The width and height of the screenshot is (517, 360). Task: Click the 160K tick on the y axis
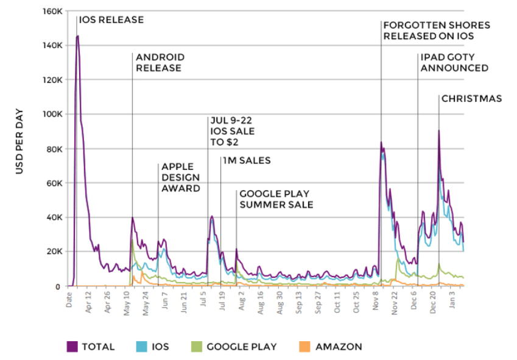click(x=52, y=12)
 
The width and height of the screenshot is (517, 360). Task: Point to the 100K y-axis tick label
click(x=52, y=115)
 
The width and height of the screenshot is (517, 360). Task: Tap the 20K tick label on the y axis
click(x=54, y=252)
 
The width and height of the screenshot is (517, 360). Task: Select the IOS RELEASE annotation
click(x=111, y=19)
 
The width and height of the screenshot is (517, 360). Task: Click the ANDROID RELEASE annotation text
click(x=160, y=63)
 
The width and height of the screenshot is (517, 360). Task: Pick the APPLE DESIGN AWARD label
click(x=181, y=177)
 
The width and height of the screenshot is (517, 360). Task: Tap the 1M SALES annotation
click(x=247, y=161)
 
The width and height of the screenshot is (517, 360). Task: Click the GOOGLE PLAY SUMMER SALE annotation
click(x=276, y=199)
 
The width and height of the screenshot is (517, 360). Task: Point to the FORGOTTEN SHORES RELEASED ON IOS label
click(x=436, y=30)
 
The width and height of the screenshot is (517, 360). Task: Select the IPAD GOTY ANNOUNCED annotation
click(x=454, y=63)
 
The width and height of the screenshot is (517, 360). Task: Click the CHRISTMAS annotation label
click(x=471, y=99)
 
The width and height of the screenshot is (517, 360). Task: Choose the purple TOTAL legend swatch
click(x=72, y=347)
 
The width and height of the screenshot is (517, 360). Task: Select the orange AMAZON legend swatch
click(x=304, y=347)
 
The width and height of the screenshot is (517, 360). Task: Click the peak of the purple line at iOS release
click(x=78, y=36)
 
